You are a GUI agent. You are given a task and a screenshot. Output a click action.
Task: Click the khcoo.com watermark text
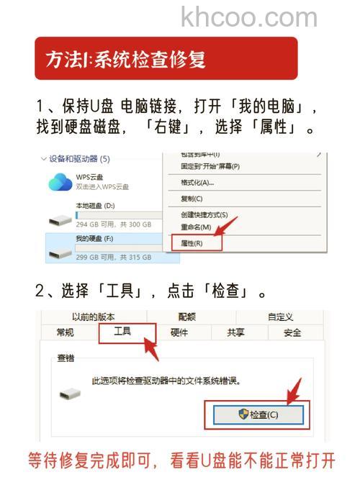pyautogui.click(x=248, y=17)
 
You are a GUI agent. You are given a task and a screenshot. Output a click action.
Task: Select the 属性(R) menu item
pyautogui.click(x=192, y=243)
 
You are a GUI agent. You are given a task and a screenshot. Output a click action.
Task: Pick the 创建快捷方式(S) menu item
pyautogui.click(x=204, y=215)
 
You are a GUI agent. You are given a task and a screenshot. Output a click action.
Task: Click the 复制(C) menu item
pyautogui.click(x=192, y=199)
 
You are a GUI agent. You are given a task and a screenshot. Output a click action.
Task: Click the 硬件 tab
pyautogui.click(x=179, y=332)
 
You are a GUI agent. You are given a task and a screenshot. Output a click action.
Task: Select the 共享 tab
pyautogui.click(x=235, y=332)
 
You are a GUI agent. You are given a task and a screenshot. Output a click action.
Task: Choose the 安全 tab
pyautogui.click(x=292, y=332)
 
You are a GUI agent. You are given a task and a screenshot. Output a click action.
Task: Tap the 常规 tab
pyautogui.click(x=65, y=332)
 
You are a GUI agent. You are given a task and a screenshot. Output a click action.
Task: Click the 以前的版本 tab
pyautogui.click(x=93, y=317)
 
